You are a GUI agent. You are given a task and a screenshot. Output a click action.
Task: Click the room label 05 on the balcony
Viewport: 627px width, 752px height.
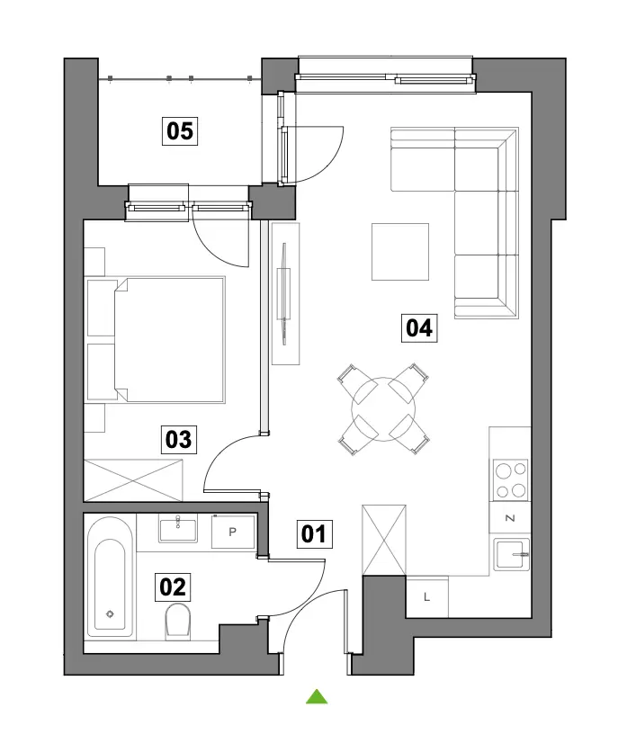(179, 130)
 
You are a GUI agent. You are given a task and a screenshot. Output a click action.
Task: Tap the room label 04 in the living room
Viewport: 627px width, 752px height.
(419, 328)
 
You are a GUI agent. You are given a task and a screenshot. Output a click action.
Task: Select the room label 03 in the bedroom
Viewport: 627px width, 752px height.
(178, 439)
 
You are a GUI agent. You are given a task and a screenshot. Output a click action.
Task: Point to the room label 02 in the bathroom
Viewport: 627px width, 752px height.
(172, 587)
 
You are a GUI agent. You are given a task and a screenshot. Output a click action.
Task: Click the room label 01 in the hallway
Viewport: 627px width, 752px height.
(314, 533)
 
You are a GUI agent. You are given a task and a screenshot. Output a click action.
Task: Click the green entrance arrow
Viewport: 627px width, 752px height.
(317, 696)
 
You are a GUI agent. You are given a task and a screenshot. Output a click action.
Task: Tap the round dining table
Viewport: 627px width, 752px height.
(383, 409)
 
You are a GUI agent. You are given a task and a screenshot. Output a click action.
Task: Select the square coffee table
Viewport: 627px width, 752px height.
(400, 252)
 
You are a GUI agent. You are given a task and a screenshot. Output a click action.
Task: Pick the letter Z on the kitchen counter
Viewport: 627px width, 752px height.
(510, 518)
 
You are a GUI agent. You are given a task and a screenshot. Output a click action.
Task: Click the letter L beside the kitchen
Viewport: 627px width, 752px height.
(426, 597)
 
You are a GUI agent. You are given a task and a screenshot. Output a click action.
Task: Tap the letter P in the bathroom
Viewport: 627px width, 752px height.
(233, 532)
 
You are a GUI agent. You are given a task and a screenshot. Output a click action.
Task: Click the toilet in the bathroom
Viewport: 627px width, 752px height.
(178, 622)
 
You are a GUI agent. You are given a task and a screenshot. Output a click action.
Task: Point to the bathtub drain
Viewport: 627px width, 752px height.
(110, 613)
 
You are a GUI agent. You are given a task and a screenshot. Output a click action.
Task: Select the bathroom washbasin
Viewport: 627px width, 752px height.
(178, 528)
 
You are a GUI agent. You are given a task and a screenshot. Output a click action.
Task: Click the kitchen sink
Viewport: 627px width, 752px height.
(512, 554)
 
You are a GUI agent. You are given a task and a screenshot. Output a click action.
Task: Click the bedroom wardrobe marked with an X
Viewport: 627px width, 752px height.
(133, 480)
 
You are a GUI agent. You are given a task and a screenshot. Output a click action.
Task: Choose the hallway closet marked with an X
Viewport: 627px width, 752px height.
(384, 540)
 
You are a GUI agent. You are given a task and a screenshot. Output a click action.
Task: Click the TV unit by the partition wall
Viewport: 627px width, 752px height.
(285, 293)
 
